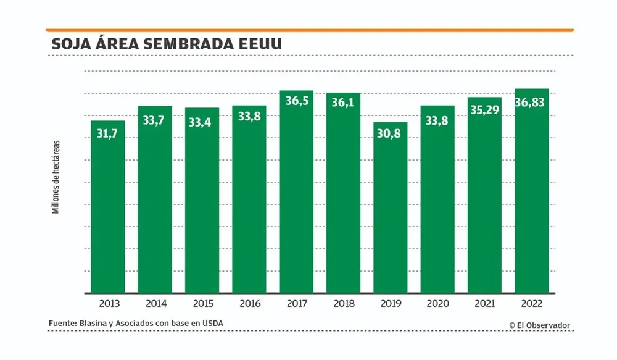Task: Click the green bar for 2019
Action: [x=390, y=210]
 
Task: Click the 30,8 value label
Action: [x=390, y=133]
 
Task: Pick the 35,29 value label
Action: [x=484, y=111]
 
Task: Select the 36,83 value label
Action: [x=531, y=103]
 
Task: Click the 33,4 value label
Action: [x=202, y=122]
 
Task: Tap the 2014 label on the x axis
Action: [x=155, y=304]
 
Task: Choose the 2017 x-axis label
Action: [x=296, y=304]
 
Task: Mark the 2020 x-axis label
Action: [x=437, y=304]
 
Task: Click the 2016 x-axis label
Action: [x=249, y=304]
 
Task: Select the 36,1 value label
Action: [x=343, y=103]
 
